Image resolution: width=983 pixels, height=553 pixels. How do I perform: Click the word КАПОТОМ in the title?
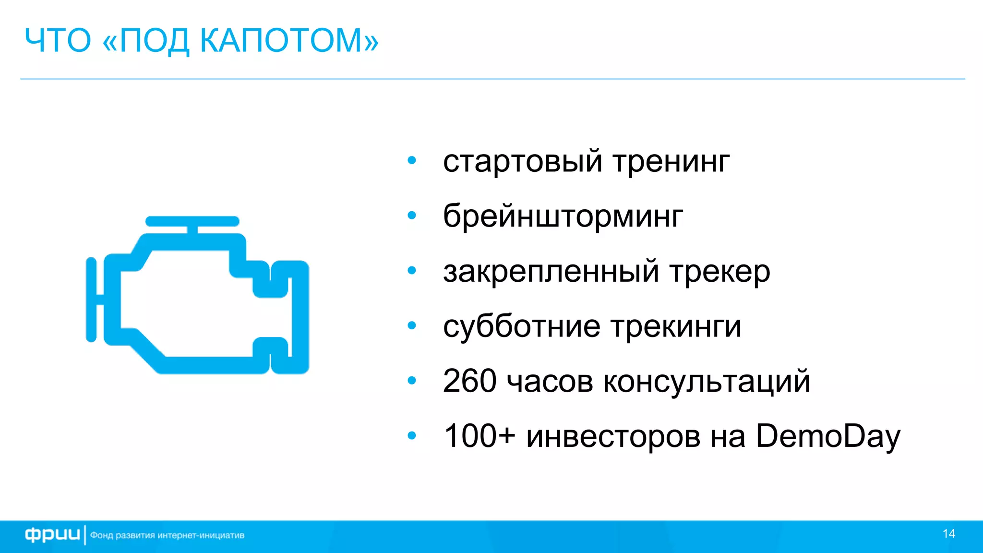click(289, 40)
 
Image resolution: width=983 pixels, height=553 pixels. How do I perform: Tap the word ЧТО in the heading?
click(58, 40)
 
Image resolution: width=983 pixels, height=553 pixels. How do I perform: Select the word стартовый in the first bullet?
click(522, 161)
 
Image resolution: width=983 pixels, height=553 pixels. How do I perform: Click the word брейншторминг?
click(563, 216)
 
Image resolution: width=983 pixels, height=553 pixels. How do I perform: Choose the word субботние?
click(521, 326)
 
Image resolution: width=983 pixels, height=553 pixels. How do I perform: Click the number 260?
click(469, 381)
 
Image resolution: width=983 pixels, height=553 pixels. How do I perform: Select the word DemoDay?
click(828, 437)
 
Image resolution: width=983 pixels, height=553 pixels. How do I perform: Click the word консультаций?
click(707, 382)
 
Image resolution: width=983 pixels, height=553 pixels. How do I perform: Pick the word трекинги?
click(676, 327)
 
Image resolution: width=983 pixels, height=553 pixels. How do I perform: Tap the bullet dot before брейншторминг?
click(412, 216)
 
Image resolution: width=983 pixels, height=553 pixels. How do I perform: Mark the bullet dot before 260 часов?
click(412, 381)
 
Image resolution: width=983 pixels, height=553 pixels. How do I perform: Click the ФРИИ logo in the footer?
click(52, 535)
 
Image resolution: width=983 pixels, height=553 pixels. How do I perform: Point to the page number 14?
click(948, 534)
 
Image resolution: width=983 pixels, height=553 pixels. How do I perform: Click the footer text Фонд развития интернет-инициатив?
click(167, 535)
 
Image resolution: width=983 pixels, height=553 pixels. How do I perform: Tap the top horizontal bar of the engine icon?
click(192, 221)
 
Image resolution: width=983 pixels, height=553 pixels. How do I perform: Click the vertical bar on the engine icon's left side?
click(91, 300)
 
